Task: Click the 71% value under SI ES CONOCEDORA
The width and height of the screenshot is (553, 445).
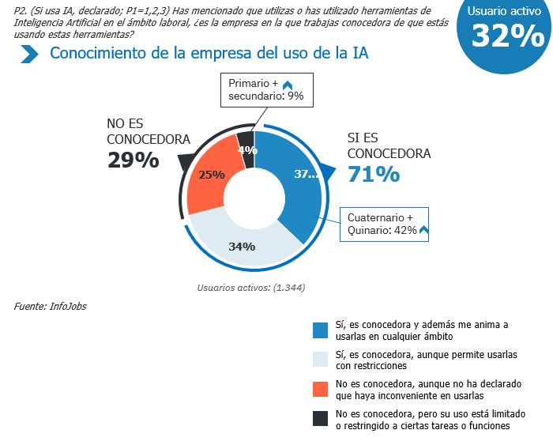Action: pyautogui.click(x=374, y=173)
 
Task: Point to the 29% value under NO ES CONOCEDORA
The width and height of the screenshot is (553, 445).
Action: pyautogui.click(x=133, y=160)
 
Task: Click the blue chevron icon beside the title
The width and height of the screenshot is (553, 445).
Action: pyautogui.click(x=30, y=54)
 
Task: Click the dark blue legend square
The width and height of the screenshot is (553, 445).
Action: pyautogui.click(x=321, y=330)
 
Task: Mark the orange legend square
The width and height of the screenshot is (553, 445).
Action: pyautogui.click(x=321, y=389)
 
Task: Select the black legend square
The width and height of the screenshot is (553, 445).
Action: pyautogui.click(x=321, y=419)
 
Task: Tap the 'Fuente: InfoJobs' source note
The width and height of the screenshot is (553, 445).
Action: pyautogui.click(x=50, y=306)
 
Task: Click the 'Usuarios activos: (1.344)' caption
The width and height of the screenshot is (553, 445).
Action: pyautogui.click(x=251, y=288)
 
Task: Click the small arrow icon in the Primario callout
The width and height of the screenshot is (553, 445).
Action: pyautogui.click(x=288, y=85)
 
